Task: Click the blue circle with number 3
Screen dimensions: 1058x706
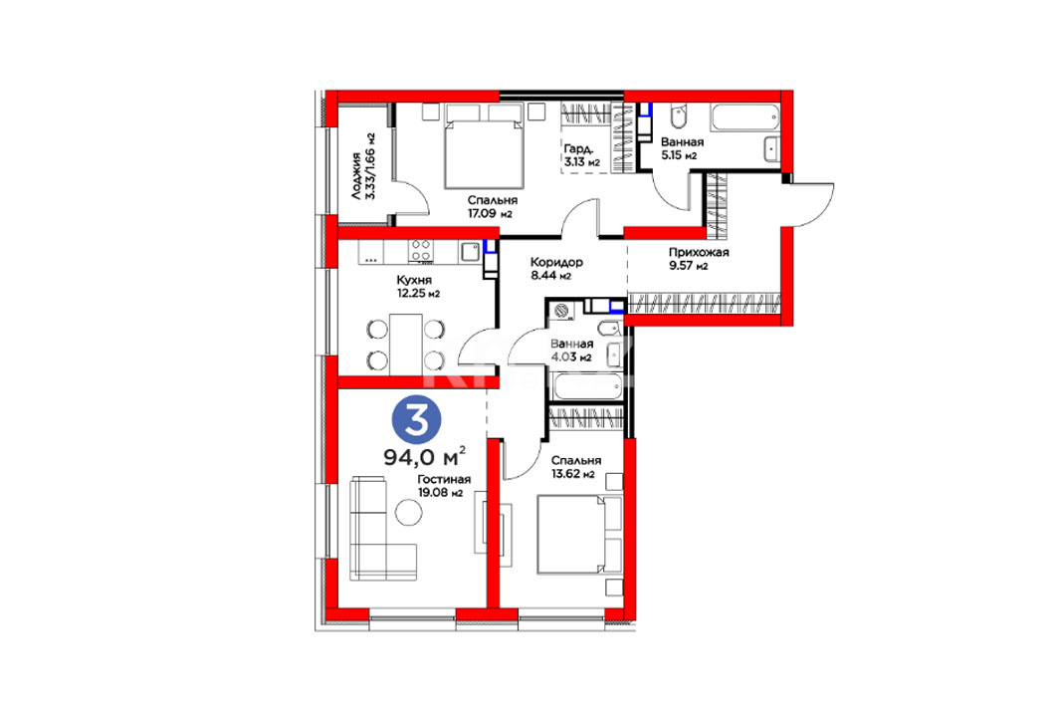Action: click(x=416, y=420)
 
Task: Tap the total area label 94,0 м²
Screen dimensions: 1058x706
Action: click(x=424, y=457)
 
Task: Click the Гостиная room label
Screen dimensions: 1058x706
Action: click(x=443, y=479)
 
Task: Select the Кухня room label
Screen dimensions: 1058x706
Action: click(x=414, y=280)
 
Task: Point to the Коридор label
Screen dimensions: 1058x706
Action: click(x=556, y=262)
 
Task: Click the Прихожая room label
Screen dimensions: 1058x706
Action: click(x=699, y=253)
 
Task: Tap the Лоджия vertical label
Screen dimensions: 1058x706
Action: click(x=355, y=177)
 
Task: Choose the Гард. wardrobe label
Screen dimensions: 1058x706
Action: click(x=579, y=149)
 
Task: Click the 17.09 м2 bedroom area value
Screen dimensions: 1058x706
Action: click(x=490, y=214)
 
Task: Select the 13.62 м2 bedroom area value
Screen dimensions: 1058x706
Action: click(x=573, y=474)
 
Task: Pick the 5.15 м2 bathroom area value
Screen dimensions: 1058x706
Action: click(x=679, y=156)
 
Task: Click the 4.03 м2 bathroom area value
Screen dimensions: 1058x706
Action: click(x=571, y=357)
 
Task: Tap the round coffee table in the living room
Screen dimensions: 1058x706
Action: click(x=408, y=512)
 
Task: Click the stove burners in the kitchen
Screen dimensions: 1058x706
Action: click(x=421, y=251)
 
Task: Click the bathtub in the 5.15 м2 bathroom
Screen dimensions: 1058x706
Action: click(x=744, y=118)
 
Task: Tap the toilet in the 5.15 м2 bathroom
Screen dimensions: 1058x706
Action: click(x=678, y=117)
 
